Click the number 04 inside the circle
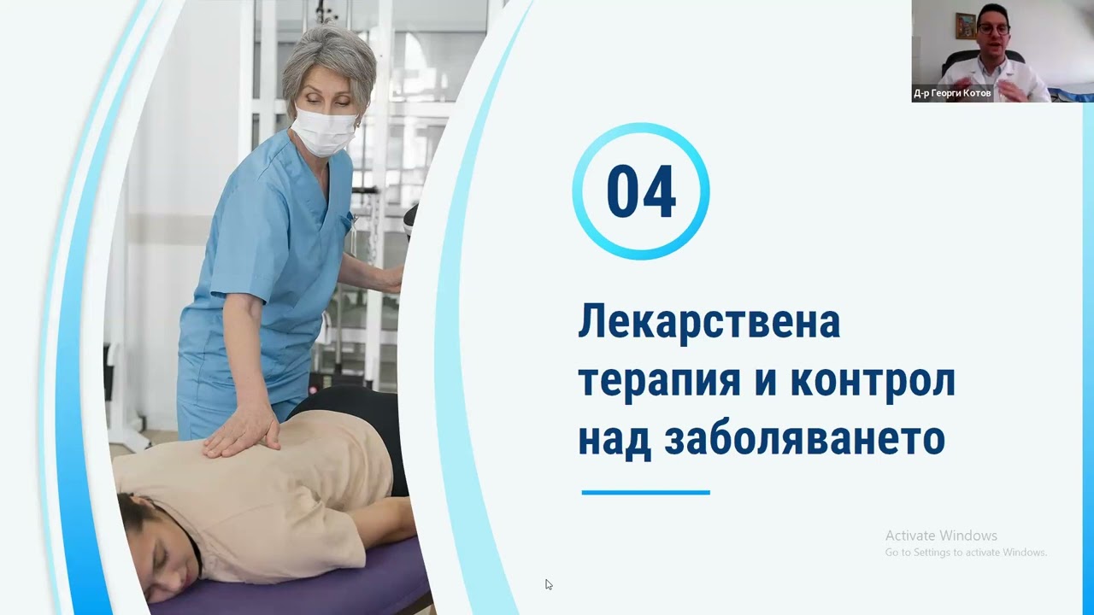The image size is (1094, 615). click(x=641, y=191)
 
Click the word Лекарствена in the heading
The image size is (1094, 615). click(x=709, y=322)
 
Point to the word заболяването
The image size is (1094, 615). click(x=803, y=438)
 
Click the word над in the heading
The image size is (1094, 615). click(x=615, y=438)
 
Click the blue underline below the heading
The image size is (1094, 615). click(x=645, y=492)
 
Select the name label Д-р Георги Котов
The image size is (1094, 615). click(x=952, y=94)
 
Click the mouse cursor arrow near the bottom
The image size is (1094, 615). click(x=549, y=585)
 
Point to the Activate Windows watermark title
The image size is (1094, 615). click(x=941, y=536)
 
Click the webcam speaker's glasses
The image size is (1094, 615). click(x=994, y=28)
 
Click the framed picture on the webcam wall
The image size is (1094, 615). click(x=965, y=26)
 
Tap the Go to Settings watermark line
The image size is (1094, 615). click(x=966, y=553)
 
